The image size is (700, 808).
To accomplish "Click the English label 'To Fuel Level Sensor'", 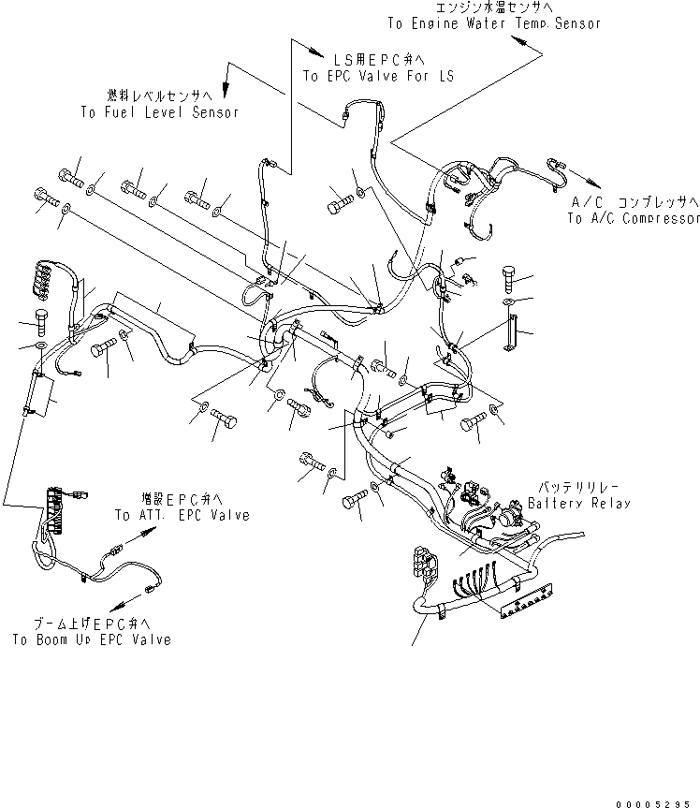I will click(159, 112).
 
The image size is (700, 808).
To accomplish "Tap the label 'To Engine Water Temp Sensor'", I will click(494, 22).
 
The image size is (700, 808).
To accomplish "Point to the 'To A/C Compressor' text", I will click(633, 218).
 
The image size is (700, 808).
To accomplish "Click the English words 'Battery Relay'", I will click(578, 503).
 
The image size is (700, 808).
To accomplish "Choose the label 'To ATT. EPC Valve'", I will click(182, 515).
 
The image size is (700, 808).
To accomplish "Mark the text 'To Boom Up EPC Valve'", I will click(92, 640).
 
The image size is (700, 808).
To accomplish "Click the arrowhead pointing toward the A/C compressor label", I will click(594, 184).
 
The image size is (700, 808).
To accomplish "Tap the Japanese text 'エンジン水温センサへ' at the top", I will click(495, 7).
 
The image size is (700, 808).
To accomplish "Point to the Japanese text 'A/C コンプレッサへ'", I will click(635, 202).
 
